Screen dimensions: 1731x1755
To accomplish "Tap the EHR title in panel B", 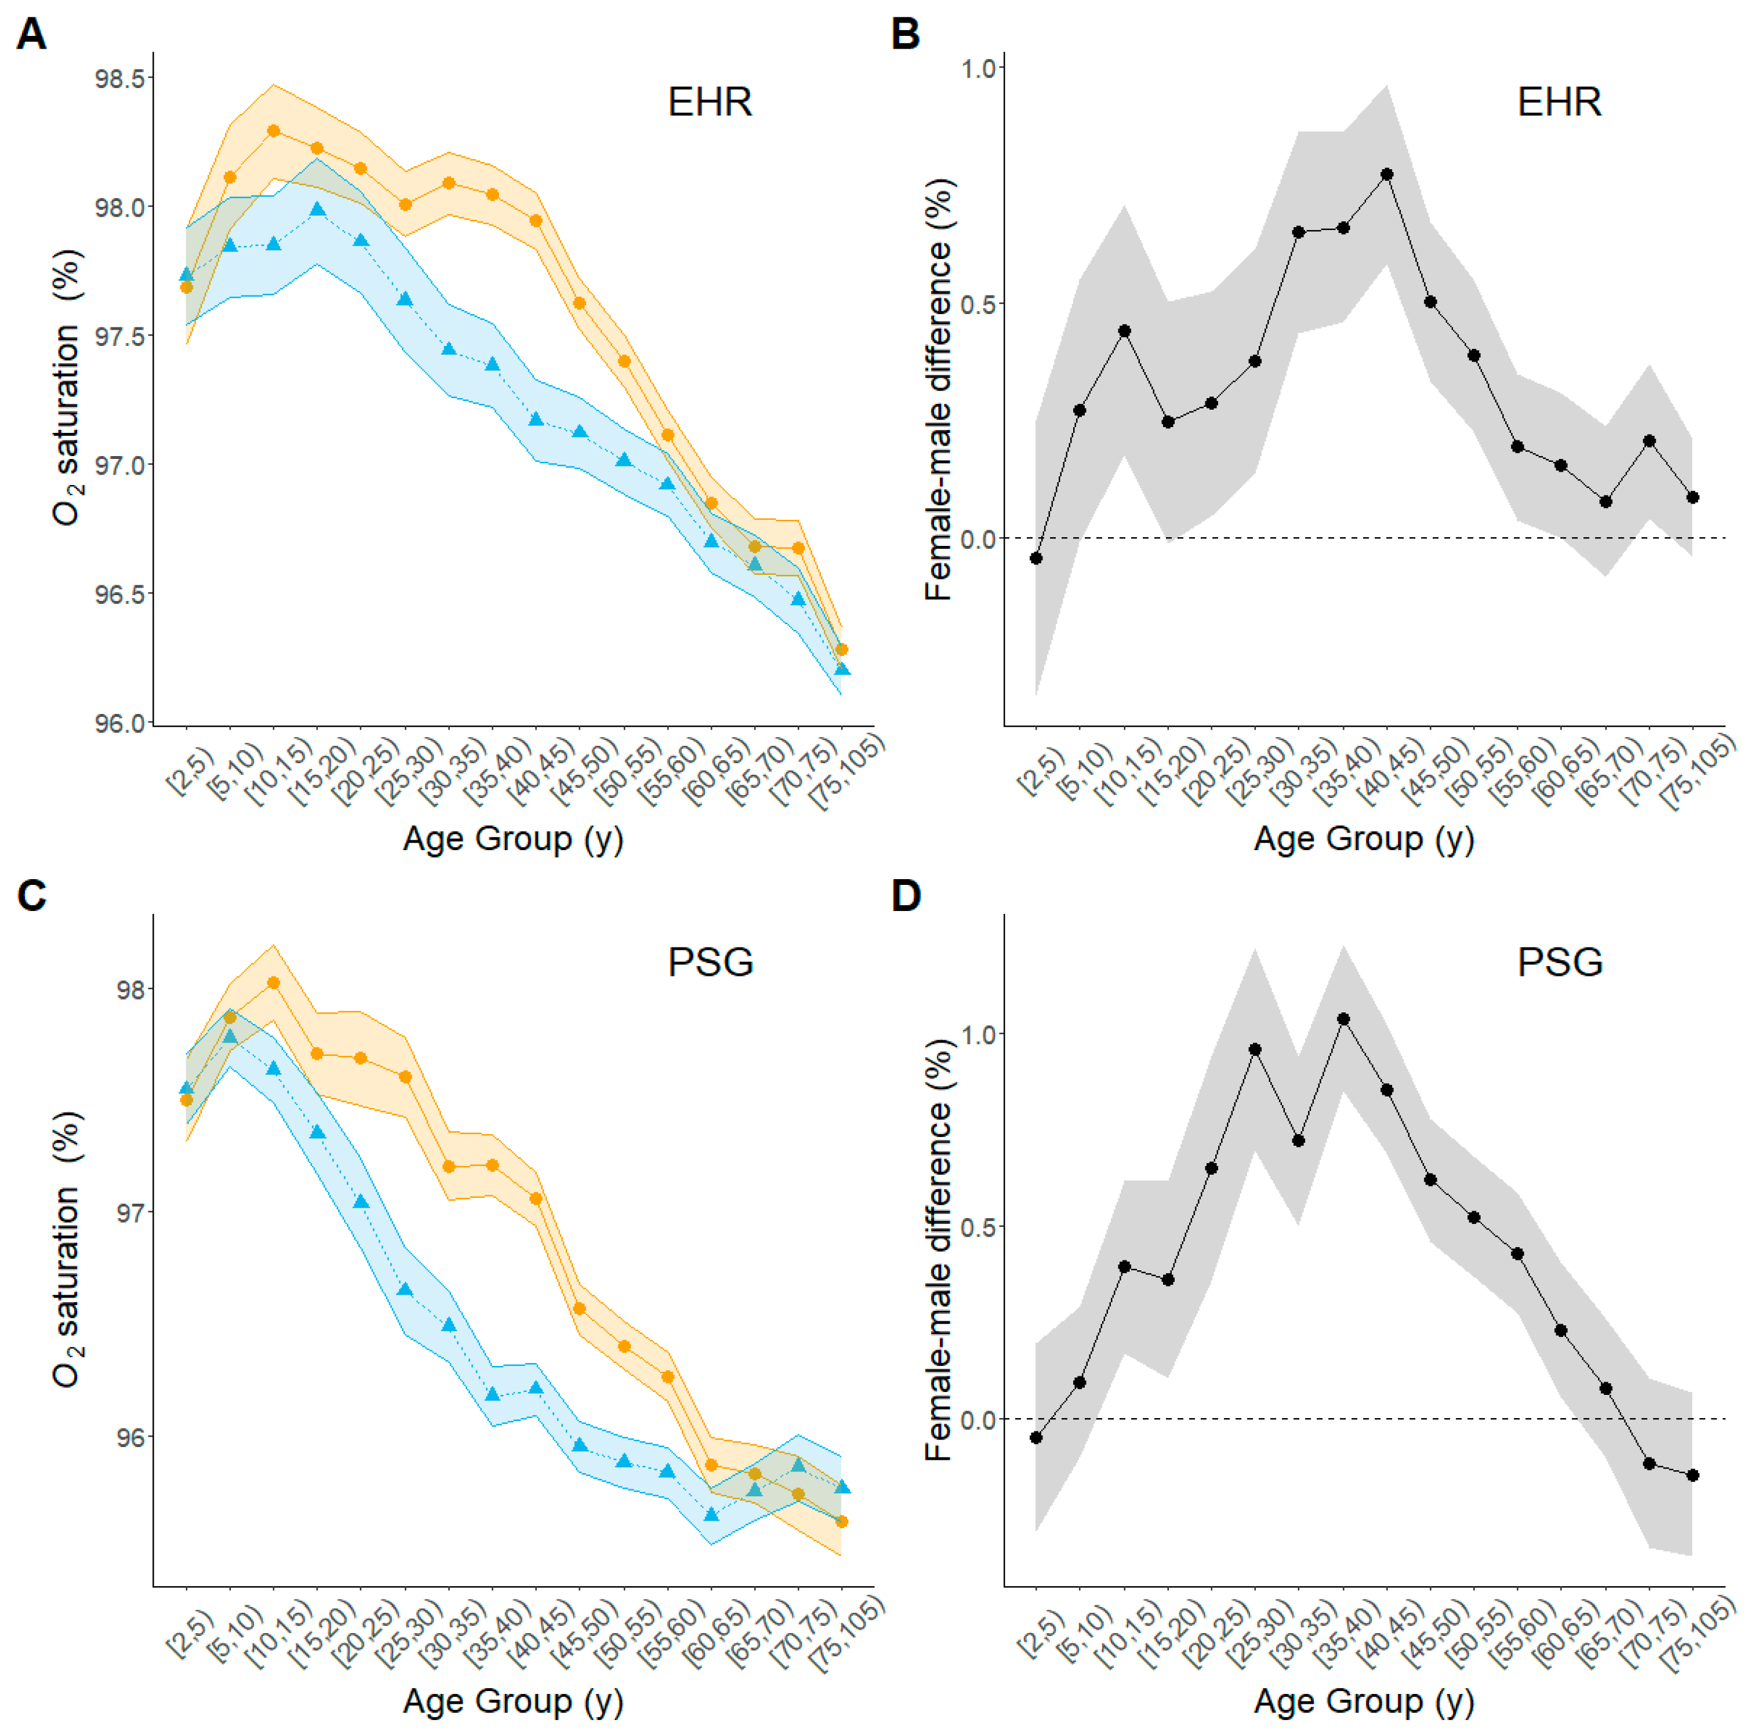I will pos(1559,102).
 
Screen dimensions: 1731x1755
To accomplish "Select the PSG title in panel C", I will pos(710,963).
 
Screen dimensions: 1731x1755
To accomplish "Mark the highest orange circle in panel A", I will pos(274,131).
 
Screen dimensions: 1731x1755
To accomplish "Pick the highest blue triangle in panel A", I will pos(317,210).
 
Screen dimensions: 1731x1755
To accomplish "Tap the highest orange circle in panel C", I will pos(274,983).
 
